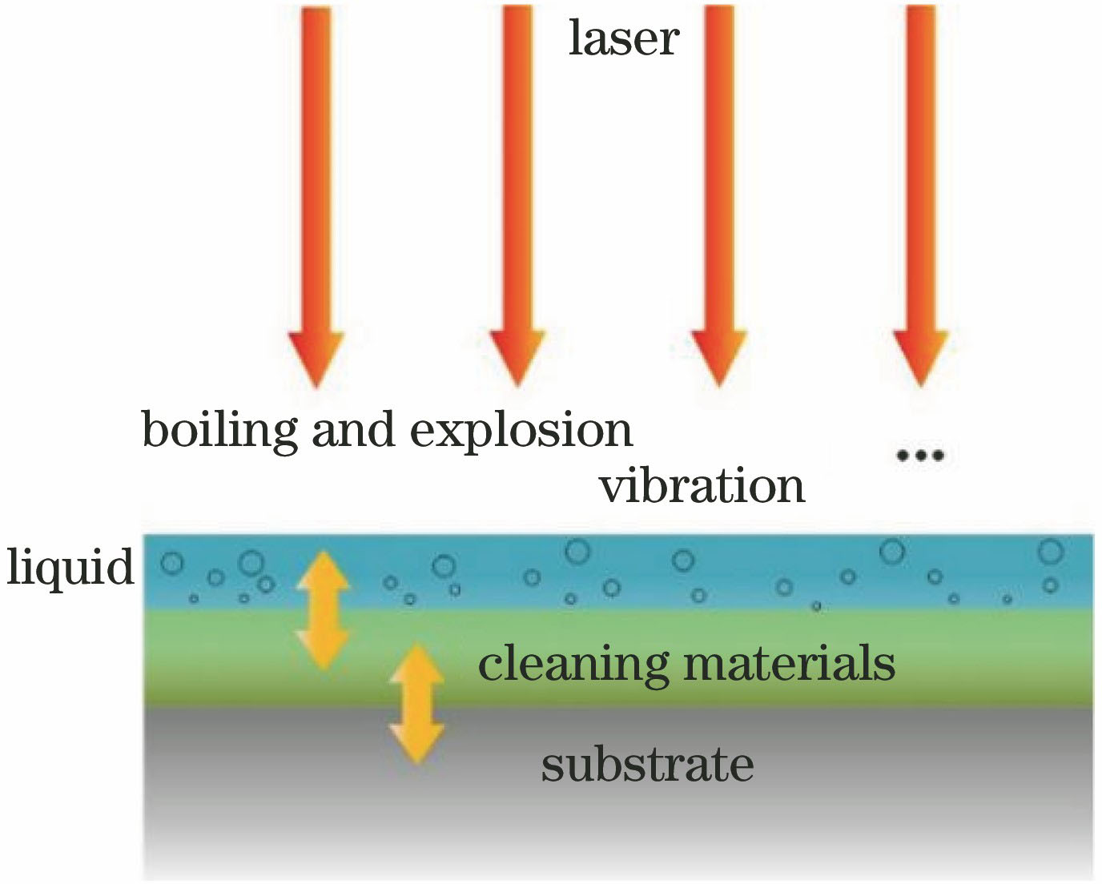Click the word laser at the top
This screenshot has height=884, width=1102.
pos(623,38)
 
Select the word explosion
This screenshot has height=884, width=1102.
pos(521,432)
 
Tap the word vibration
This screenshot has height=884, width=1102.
pos(702,486)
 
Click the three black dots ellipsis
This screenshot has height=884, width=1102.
pos(920,456)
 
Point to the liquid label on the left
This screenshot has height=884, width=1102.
pos(70,568)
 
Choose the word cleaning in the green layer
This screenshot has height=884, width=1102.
pos(573,665)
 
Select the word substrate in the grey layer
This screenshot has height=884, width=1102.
pos(647,765)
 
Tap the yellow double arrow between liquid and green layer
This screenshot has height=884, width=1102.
pos(323,609)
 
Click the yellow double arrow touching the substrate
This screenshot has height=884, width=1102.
pos(417,703)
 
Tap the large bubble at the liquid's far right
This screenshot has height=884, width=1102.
pos(1050,552)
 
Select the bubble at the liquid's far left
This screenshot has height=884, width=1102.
pos(171,563)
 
